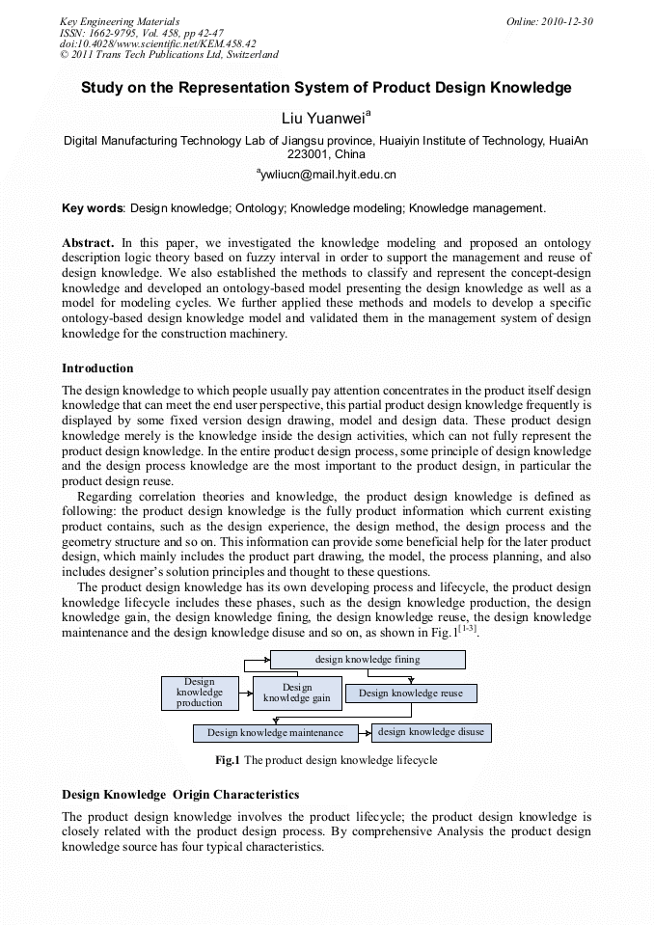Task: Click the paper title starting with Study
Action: (326, 88)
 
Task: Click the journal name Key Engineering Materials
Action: (120, 21)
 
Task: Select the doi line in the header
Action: (158, 43)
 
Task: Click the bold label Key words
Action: (93, 207)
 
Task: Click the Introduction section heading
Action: (97, 368)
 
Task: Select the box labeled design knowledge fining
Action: (367, 660)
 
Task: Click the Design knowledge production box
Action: (199, 693)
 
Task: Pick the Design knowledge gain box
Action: (296, 693)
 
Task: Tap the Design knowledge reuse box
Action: (410, 693)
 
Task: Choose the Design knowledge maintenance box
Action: (275, 733)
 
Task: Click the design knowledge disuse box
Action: (430, 732)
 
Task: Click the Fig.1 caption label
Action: (228, 760)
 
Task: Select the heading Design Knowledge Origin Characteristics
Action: (180, 795)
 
